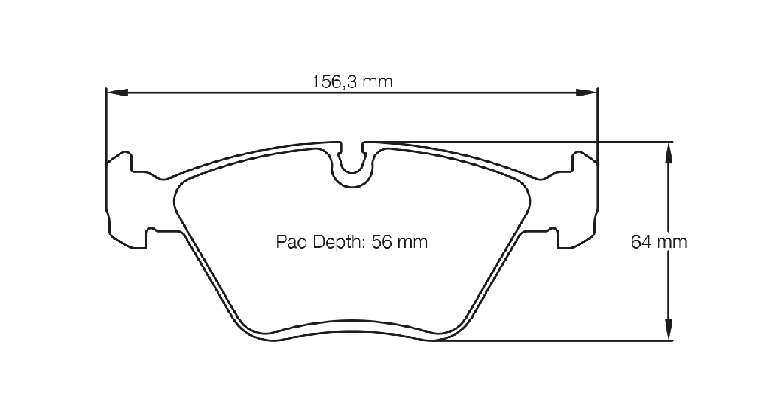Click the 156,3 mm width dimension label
[x=352, y=81]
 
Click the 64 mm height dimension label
[x=659, y=242]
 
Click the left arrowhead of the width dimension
[x=117, y=93]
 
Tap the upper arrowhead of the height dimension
[x=669, y=152]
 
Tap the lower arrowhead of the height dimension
[x=669, y=329]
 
